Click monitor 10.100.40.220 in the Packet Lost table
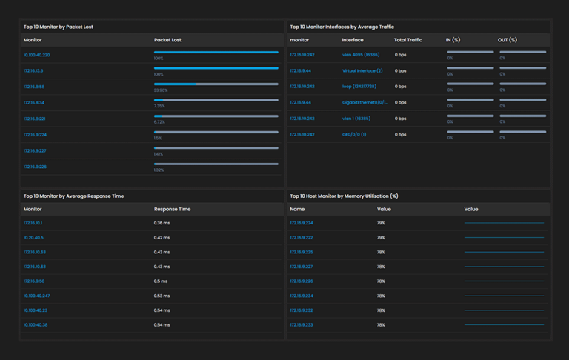point(37,56)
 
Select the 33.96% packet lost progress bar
point(216,84)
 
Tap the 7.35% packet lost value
point(159,106)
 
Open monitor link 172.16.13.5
point(33,70)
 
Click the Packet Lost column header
point(167,40)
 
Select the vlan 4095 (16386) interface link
point(361,55)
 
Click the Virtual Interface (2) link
point(362,70)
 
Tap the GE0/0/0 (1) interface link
point(354,135)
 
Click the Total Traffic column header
point(408,40)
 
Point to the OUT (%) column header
point(508,40)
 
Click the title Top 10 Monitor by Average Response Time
point(73,196)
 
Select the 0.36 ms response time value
point(162,223)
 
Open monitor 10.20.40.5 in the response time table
point(33,238)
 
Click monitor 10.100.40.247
point(37,296)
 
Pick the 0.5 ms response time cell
point(161,281)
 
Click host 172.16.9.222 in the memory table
point(302,238)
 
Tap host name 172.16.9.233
point(302,324)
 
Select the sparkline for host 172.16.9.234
point(504,296)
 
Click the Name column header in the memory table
point(297,209)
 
